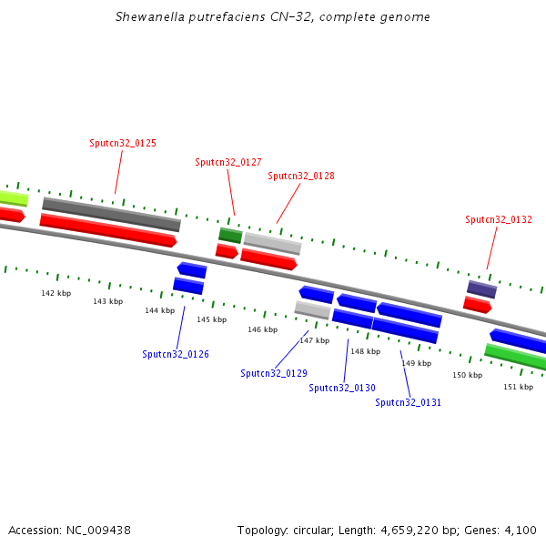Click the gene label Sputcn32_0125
(x=123, y=143)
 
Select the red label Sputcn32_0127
(x=228, y=162)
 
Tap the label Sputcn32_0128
(x=301, y=176)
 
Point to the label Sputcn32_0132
(x=499, y=219)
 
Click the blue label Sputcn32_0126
(x=176, y=354)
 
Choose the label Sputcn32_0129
(x=274, y=373)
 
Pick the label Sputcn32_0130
(x=342, y=388)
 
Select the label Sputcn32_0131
(x=408, y=402)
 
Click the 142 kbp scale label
(x=56, y=293)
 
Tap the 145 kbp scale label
(x=212, y=319)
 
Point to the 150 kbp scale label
(x=468, y=375)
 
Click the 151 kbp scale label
(x=518, y=387)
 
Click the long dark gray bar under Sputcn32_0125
(x=111, y=214)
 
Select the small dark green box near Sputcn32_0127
(x=230, y=236)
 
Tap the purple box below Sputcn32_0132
(x=482, y=289)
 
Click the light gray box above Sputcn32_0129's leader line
(x=312, y=310)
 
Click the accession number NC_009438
(x=98, y=531)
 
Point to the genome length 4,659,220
(x=409, y=531)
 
